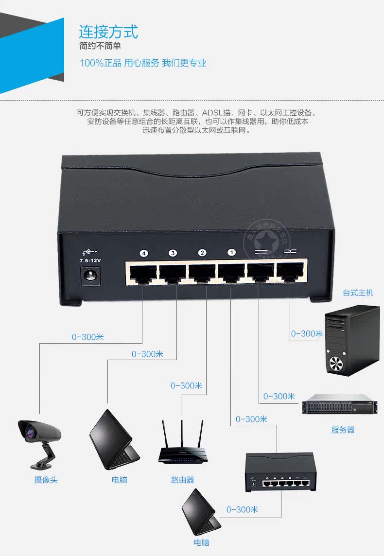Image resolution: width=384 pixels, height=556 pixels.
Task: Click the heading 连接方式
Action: [x=108, y=32]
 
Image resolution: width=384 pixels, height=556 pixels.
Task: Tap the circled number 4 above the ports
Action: [x=143, y=253]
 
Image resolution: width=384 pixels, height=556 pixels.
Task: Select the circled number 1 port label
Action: [x=231, y=253]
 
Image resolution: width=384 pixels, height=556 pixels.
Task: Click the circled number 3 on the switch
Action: [x=173, y=253]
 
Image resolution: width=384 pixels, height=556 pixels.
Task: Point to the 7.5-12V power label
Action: [x=90, y=261]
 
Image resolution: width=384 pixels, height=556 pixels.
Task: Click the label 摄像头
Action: [x=46, y=480]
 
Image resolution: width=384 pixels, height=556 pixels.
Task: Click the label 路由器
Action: [x=182, y=480]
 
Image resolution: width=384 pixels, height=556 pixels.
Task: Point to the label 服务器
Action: [x=343, y=430]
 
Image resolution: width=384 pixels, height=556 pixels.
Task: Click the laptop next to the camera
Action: [x=113, y=440]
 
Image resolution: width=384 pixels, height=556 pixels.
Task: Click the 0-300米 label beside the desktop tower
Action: [x=307, y=333]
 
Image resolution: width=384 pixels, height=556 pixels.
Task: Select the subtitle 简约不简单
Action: [x=100, y=47]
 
